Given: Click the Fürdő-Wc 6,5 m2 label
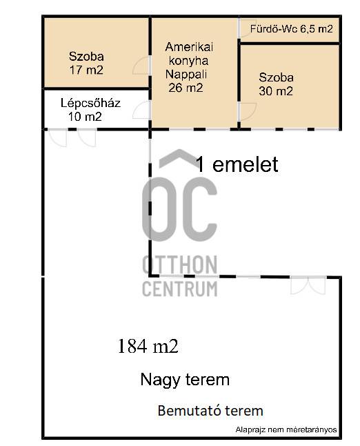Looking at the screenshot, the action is pyautogui.click(x=291, y=29).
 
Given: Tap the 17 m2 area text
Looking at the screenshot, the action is pyautogui.click(x=86, y=70).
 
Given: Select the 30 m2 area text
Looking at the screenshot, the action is pyautogui.click(x=276, y=90).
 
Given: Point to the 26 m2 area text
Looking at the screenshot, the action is pyautogui.click(x=186, y=87).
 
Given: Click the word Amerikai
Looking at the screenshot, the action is pyautogui.click(x=189, y=47).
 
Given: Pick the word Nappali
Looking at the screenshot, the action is pyautogui.click(x=186, y=75).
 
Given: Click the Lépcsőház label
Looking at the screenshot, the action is pyautogui.click(x=90, y=103).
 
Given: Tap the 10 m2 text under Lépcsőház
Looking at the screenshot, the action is pyautogui.click(x=85, y=117).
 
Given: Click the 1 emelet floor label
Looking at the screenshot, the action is pyautogui.click(x=237, y=164).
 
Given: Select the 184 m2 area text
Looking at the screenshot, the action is pyautogui.click(x=148, y=346).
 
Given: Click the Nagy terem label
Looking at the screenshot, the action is pyautogui.click(x=185, y=380).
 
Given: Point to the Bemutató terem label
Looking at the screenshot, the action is pyautogui.click(x=210, y=411).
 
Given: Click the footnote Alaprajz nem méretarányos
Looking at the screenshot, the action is pyautogui.click(x=286, y=429).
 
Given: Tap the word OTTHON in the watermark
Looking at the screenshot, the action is pyautogui.click(x=179, y=264).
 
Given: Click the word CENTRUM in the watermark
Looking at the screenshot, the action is pyautogui.click(x=179, y=289).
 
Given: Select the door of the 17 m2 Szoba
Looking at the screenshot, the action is pyautogui.click(x=141, y=66).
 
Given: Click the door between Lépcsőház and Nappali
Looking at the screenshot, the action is pyautogui.click(x=141, y=110).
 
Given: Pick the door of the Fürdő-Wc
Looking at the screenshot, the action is pyautogui.click(x=247, y=28).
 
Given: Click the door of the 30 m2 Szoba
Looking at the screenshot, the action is pyautogui.click(x=248, y=112).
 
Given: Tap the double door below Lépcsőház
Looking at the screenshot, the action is pyautogui.click(x=72, y=138).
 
